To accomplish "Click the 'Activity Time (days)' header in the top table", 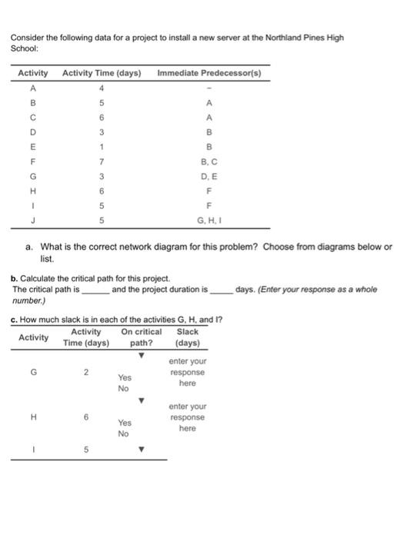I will (101, 73).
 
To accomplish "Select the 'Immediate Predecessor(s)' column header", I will (209, 73).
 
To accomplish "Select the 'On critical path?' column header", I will (142, 337).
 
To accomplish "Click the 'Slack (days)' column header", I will (187, 337).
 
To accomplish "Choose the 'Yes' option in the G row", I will (125, 377).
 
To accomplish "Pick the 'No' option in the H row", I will (123, 433).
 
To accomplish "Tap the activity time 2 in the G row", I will (88, 372).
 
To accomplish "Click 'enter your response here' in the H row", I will (187, 417).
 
